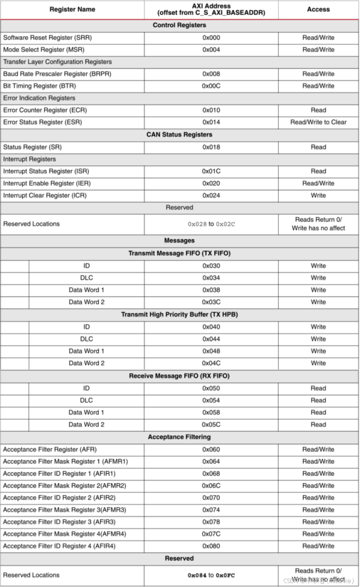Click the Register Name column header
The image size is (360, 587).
pyautogui.click(x=72, y=9)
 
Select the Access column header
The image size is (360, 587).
pyautogui.click(x=318, y=9)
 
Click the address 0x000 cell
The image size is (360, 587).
pyautogui.click(x=211, y=37)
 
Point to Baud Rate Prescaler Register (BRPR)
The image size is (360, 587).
pyautogui.click(x=57, y=74)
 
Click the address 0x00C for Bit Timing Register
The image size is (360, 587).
pyautogui.click(x=211, y=86)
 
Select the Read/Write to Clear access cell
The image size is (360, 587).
pyautogui.click(x=318, y=122)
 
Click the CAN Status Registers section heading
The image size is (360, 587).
pyautogui.click(x=179, y=135)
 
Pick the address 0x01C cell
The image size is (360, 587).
pyautogui.click(x=211, y=171)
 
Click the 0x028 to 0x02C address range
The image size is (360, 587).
pyautogui.click(x=211, y=224)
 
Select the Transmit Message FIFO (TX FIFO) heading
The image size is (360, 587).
pyautogui.click(x=179, y=253)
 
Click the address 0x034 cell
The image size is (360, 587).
pyautogui.click(x=211, y=278)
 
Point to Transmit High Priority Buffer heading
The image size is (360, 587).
pyautogui.click(x=179, y=314)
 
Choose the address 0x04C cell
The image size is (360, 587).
pyautogui.click(x=211, y=363)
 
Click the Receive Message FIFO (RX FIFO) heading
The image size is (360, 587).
pyautogui.click(x=179, y=376)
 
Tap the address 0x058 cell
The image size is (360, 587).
pyautogui.click(x=211, y=412)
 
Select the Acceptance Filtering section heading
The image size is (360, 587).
pyautogui.click(x=179, y=437)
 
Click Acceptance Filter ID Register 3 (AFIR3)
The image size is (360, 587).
pyautogui.click(x=59, y=522)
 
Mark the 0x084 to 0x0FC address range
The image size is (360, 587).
pyautogui.click(x=211, y=575)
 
